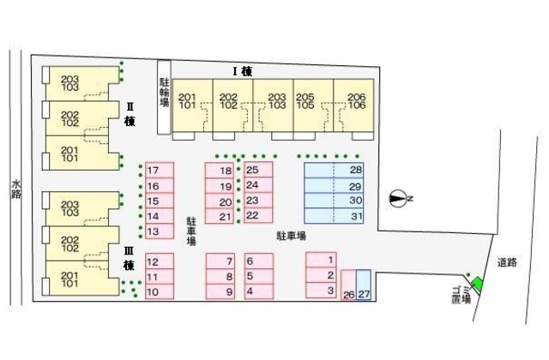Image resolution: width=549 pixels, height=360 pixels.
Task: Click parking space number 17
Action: pyautogui.click(x=160, y=171)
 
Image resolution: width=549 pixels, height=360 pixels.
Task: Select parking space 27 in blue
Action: pyautogui.click(x=364, y=285)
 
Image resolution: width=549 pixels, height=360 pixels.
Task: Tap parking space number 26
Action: pyautogui.click(x=348, y=285)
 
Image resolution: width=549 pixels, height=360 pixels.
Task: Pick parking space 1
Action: pyautogui.click(x=321, y=260)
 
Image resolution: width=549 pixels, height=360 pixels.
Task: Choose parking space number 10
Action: pyautogui.click(x=160, y=291)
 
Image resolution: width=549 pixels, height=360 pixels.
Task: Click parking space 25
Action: pyautogui.click(x=258, y=170)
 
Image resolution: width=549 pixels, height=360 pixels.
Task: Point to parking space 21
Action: pyautogui.click(x=220, y=216)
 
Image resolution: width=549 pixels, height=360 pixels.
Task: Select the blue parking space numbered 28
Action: pyautogui.click(x=334, y=171)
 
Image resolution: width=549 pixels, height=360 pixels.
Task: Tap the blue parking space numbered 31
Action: pyautogui.click(x=334, y=216)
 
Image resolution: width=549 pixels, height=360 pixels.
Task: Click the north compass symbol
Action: pyautogui.click(x=398, y=198)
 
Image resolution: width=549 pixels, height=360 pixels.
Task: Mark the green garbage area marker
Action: pyautogui.click(x=477, y=283)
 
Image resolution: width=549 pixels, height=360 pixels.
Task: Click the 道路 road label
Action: pyautogui.click(x=507, y=262)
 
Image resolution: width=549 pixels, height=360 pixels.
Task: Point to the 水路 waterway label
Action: pyautogui.click(x=16, y=189)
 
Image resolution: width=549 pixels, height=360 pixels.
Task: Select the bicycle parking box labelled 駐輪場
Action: pyautogui.click(x=164, y=97)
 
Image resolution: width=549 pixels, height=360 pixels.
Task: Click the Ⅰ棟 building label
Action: pyautogui.click(x=243, y=72)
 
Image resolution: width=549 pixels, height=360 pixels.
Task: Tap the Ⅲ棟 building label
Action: pyautogui.click(x=129, y=258)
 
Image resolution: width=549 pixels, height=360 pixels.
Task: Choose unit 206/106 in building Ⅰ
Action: pyautogui.click(x=353, y=105)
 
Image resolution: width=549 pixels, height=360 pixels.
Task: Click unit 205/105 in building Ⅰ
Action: pyautogui.click(x=313, y=105)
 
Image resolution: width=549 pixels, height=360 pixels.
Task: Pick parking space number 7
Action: pyautogui.click(x=220, y=261)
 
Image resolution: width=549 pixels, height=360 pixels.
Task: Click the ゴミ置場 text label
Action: pyautogui.click(x=462, y=295)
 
